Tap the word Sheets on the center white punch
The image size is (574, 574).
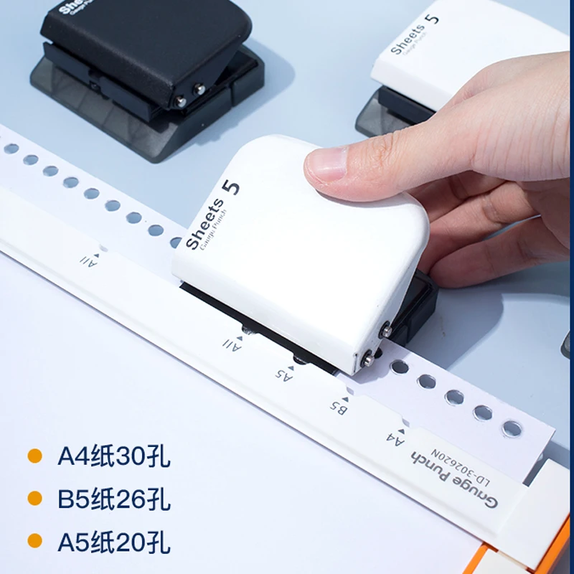tap(204, 225)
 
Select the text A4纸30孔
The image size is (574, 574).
tap(114, 456)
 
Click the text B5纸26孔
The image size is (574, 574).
tap(114, 499)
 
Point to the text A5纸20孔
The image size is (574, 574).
tap(114, 542)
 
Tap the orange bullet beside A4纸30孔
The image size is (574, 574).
tap(34, 456)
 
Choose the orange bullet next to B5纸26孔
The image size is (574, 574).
tap(34, 499)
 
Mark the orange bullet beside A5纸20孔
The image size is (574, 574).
tap(34, 542)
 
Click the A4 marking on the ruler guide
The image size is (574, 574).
tap(395, 436)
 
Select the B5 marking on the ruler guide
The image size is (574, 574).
tap(339, 405)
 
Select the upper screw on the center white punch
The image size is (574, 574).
tap(386, 331)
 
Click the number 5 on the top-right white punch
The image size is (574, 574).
tap(433, 18)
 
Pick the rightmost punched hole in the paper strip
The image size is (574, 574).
tap(512, 428)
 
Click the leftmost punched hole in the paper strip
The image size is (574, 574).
tap(11, 149)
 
